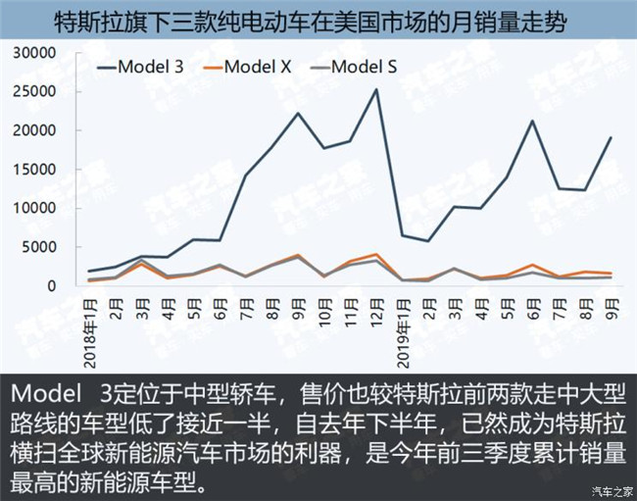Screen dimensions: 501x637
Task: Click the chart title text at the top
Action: pos(318,21)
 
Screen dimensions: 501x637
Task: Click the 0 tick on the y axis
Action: pos(60,285)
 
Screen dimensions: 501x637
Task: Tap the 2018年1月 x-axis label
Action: pos(90,324)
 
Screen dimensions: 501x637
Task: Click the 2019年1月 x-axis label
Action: pos(403,324)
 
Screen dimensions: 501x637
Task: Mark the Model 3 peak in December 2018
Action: pos(376,89)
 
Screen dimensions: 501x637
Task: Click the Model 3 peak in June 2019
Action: pos(532,121)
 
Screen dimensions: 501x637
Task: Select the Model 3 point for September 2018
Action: pos(298,113)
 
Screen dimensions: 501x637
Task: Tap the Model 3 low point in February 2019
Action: pos(428,241)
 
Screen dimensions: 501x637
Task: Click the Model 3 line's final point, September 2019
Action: pos(611,137)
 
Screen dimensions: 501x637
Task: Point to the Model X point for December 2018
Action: pos(376,254)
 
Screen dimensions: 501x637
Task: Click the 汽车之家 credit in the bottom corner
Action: pos(610,490)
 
